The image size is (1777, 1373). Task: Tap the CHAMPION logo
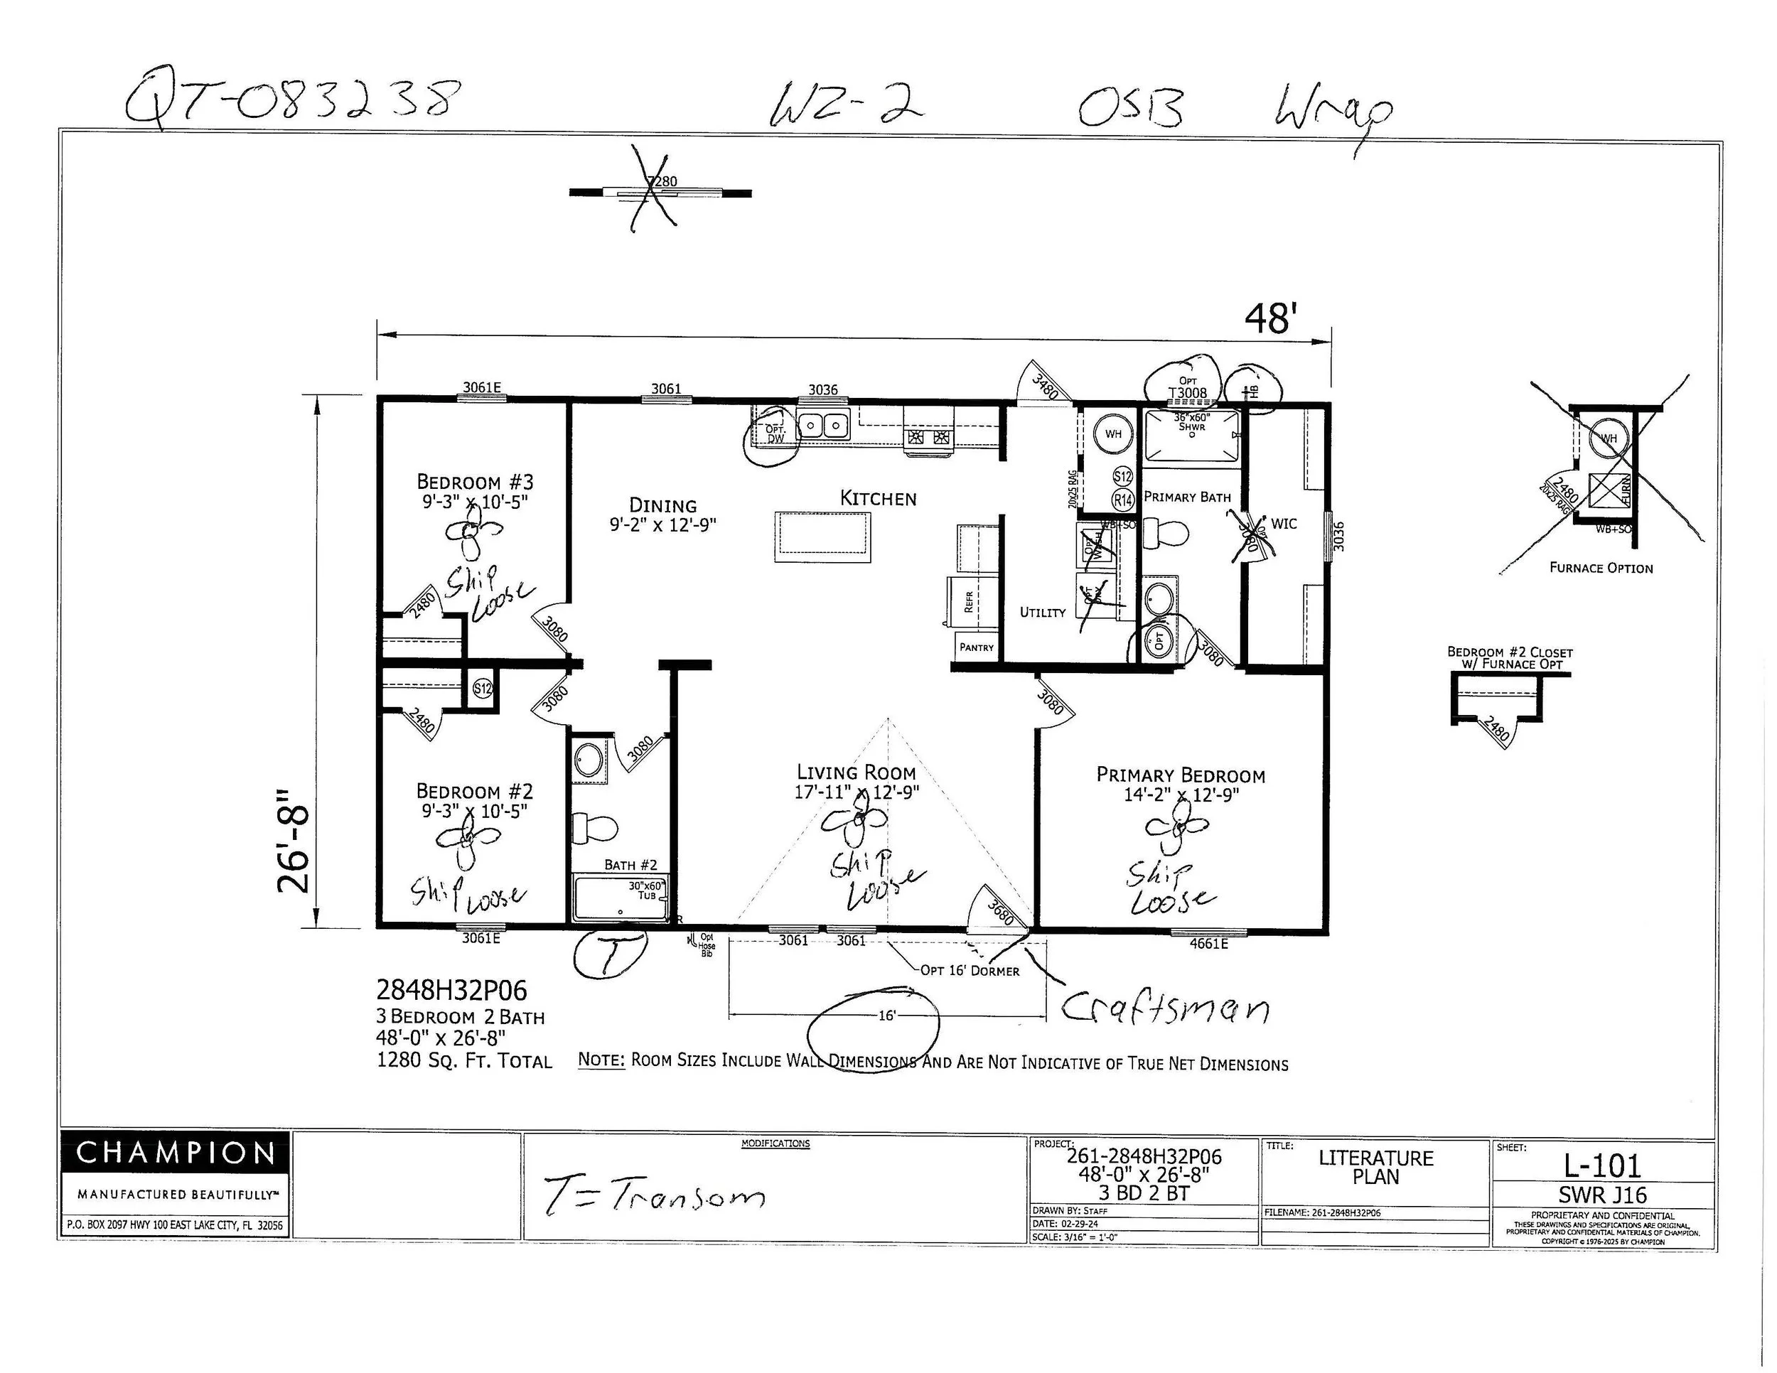175,1153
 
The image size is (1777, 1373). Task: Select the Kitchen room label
878,499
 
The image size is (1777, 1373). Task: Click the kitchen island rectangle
822,535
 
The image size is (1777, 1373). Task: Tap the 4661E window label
1208,944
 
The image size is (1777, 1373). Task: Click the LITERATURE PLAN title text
1376,1167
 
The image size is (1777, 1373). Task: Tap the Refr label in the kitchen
968,601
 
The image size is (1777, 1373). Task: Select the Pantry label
977,647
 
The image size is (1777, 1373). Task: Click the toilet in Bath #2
592,828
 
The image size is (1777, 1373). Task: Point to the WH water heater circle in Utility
1113,434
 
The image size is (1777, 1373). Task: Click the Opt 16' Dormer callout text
969,970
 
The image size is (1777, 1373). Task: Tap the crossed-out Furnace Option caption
1601,568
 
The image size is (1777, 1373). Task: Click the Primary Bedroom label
1181,775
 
